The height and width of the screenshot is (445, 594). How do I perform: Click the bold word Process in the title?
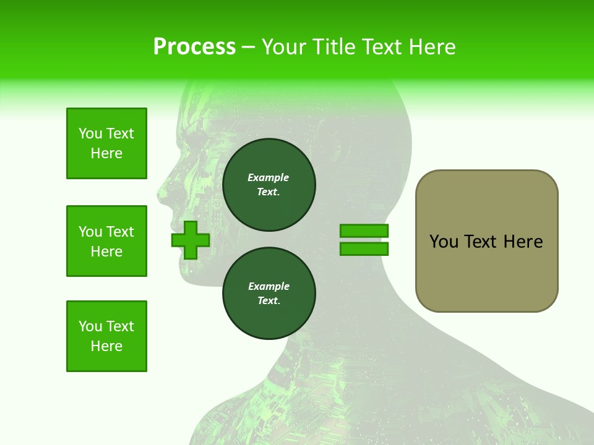pyautogui.click(x=194, y=47)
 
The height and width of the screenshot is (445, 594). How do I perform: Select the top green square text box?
pyautogui.click(x=106, y=143)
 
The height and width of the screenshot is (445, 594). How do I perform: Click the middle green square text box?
pyautogui.click(x=106, y=241)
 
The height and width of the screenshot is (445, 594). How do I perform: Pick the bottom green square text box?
pyautogui.click(x=106, y=336)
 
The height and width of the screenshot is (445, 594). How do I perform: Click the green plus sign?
pyautogui.click(x=191, y=240)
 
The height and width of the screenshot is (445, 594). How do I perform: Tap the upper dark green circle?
pyautogui.click(x=269, y=185)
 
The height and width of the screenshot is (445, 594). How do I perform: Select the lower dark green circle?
pyautogui.click(x=269, y=294)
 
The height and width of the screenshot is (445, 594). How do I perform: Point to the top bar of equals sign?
pyautogui.click(x=364, y=231)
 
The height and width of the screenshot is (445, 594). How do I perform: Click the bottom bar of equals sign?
pyautogui.click(x=364, y=249)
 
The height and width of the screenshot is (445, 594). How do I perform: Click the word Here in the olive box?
pyautogui.click(x=523, y=242)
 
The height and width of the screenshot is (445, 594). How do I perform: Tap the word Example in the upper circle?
pyautogui.click(x=269, y=177)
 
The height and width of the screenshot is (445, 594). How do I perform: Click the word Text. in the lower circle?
pyautogui.click(x=269, y=301)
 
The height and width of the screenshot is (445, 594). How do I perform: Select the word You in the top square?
pyautogui.click(x=90, y=133)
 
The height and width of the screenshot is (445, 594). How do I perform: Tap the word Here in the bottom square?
pyautogui.click(x=106, y=346)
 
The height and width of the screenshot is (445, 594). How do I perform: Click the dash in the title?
pyautogui.click(x=248, y=47)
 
